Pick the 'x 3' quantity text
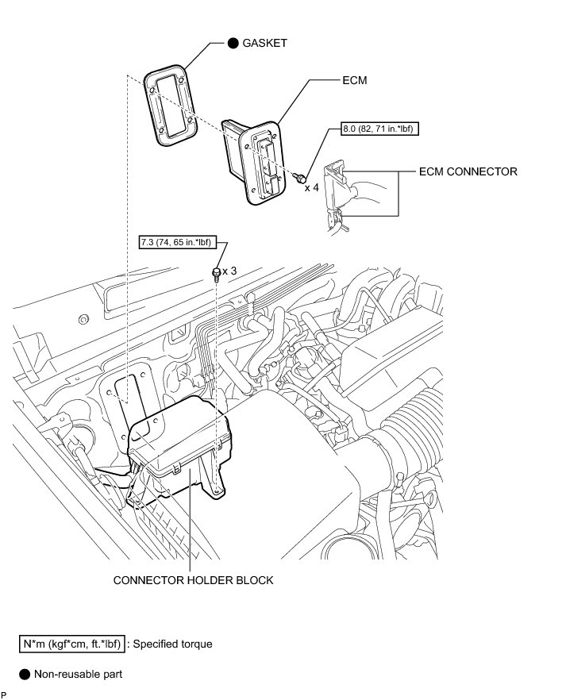tap(229, 271)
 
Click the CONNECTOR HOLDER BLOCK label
tap(193, 580)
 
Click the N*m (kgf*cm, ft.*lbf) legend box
tap(71, 644)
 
